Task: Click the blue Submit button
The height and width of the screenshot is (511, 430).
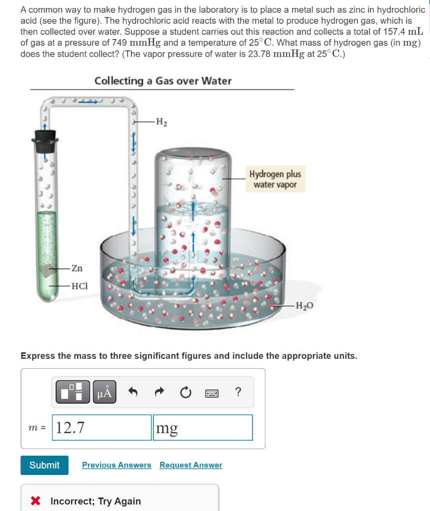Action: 44,465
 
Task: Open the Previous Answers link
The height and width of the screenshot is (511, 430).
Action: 116,465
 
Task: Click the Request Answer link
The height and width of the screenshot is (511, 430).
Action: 191,465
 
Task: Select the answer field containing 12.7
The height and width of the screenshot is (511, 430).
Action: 101,428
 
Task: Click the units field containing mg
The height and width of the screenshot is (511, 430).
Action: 202,428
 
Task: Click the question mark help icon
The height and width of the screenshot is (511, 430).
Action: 238,392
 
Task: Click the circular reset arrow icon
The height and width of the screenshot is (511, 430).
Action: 185,393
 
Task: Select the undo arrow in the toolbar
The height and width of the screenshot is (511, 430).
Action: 133,393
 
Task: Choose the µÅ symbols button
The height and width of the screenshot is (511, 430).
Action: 104,393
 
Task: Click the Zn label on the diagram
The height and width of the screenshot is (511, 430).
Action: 77,268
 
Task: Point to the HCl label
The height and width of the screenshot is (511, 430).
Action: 79,286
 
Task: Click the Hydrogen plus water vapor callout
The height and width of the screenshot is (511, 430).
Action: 275,180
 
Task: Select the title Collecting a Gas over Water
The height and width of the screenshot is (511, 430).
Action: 163,81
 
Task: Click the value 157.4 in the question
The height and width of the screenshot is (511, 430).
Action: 397,31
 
